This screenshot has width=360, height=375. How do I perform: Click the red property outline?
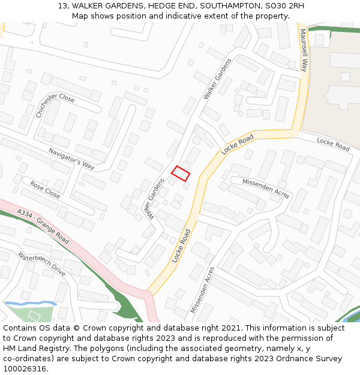(x=181, y=173)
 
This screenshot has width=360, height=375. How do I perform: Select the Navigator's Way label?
(x=71, y=158)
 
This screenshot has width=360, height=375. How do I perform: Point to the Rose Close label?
(x=45, y=190)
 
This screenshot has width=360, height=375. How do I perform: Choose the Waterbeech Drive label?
(x=41, y=264)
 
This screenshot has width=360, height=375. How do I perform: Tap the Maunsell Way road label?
(x=304, y=50)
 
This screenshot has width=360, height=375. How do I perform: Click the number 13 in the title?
(x=63, y=6)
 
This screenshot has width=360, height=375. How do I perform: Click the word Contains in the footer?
(x=20, y=328)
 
